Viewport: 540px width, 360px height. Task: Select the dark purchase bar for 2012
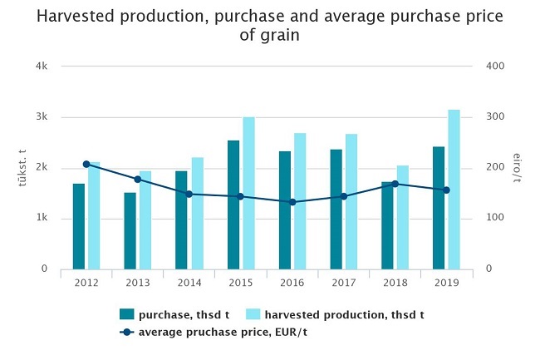[x=79, y=226]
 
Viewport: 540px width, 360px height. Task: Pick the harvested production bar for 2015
[x=248, y=193]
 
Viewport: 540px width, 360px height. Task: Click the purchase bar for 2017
[x=336, y=210]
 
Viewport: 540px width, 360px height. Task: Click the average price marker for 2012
[x=86, y=165]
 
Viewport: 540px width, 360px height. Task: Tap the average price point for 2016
[x=292, y=202]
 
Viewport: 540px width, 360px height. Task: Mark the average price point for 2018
[x=395, y=185]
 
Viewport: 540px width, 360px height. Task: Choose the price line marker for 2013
[x=138, y=180]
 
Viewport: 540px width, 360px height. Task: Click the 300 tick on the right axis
[x=493, y=116]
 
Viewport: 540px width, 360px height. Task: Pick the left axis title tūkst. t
[x=22, y=167]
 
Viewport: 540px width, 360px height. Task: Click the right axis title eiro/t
[x=517, y=167]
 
